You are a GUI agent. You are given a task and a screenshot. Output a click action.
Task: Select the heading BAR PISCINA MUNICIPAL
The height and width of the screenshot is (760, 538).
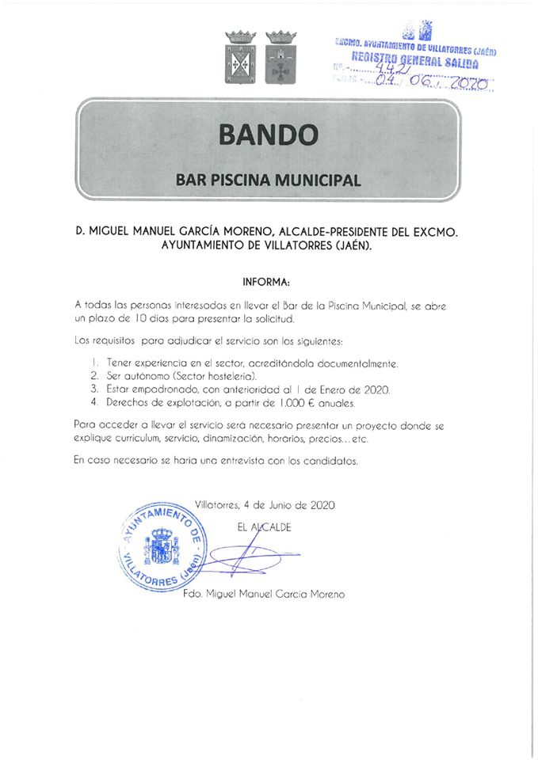click(x=268, y=180)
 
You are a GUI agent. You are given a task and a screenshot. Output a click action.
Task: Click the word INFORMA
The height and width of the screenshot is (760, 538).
click(x=267, y=281)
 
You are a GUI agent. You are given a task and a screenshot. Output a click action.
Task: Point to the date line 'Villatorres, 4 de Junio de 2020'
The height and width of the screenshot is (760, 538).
click(x=265, y=504)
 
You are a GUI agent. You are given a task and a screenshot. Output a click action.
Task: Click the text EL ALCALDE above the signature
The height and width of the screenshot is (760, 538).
click(x=265, y=527)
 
